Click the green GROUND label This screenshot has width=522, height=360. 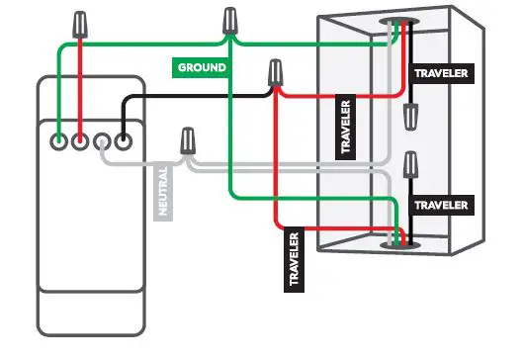[202, 67]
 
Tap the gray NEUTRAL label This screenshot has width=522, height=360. [164, 191]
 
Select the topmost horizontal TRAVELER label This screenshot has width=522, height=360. [440, 73]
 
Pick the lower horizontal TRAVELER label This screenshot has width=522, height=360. [441, 204]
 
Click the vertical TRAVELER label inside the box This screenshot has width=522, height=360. [345, 128]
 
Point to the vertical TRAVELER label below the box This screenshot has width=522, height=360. [294, 259]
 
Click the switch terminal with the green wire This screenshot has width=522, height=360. [60, 141]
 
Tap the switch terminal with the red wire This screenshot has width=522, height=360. [81, 141]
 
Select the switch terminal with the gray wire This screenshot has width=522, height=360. [103, 141]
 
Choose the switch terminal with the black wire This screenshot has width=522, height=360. [124, 141]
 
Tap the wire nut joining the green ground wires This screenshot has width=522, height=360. [230, 20]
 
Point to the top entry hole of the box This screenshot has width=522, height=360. [400, 21]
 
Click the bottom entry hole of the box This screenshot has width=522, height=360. [399, 241]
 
